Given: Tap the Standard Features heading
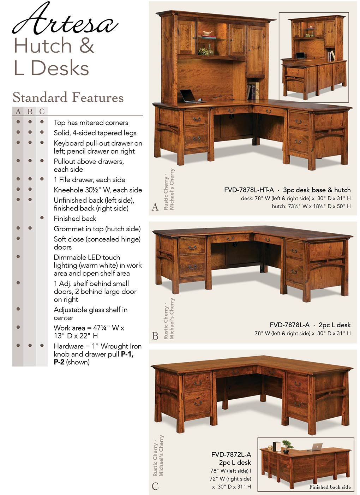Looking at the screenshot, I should point(68,97).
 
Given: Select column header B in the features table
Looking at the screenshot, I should point(30,112).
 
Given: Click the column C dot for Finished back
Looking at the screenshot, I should point(42,218).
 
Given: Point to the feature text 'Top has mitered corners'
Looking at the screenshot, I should point(91,123).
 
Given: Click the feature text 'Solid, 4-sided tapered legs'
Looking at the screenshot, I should point(95,133).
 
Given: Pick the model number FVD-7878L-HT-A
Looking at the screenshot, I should point(249,190).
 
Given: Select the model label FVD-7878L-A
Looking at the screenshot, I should point(289,325).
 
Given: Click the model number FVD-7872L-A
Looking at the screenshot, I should point(231,454).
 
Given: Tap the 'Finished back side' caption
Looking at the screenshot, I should point(330,487).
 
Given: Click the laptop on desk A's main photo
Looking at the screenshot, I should point(189,96).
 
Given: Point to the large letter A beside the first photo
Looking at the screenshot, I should point(155,207).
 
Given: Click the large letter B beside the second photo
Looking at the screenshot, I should point(155,336).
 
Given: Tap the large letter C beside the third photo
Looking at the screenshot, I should point(155,487).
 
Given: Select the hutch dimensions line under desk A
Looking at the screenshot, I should point(311,206).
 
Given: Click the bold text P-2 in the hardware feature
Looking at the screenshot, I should point(59,362).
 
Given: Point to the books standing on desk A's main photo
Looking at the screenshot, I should point(253,91).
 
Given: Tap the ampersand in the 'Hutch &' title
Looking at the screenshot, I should point(87,46).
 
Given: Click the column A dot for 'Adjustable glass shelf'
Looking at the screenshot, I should point(18,309).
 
